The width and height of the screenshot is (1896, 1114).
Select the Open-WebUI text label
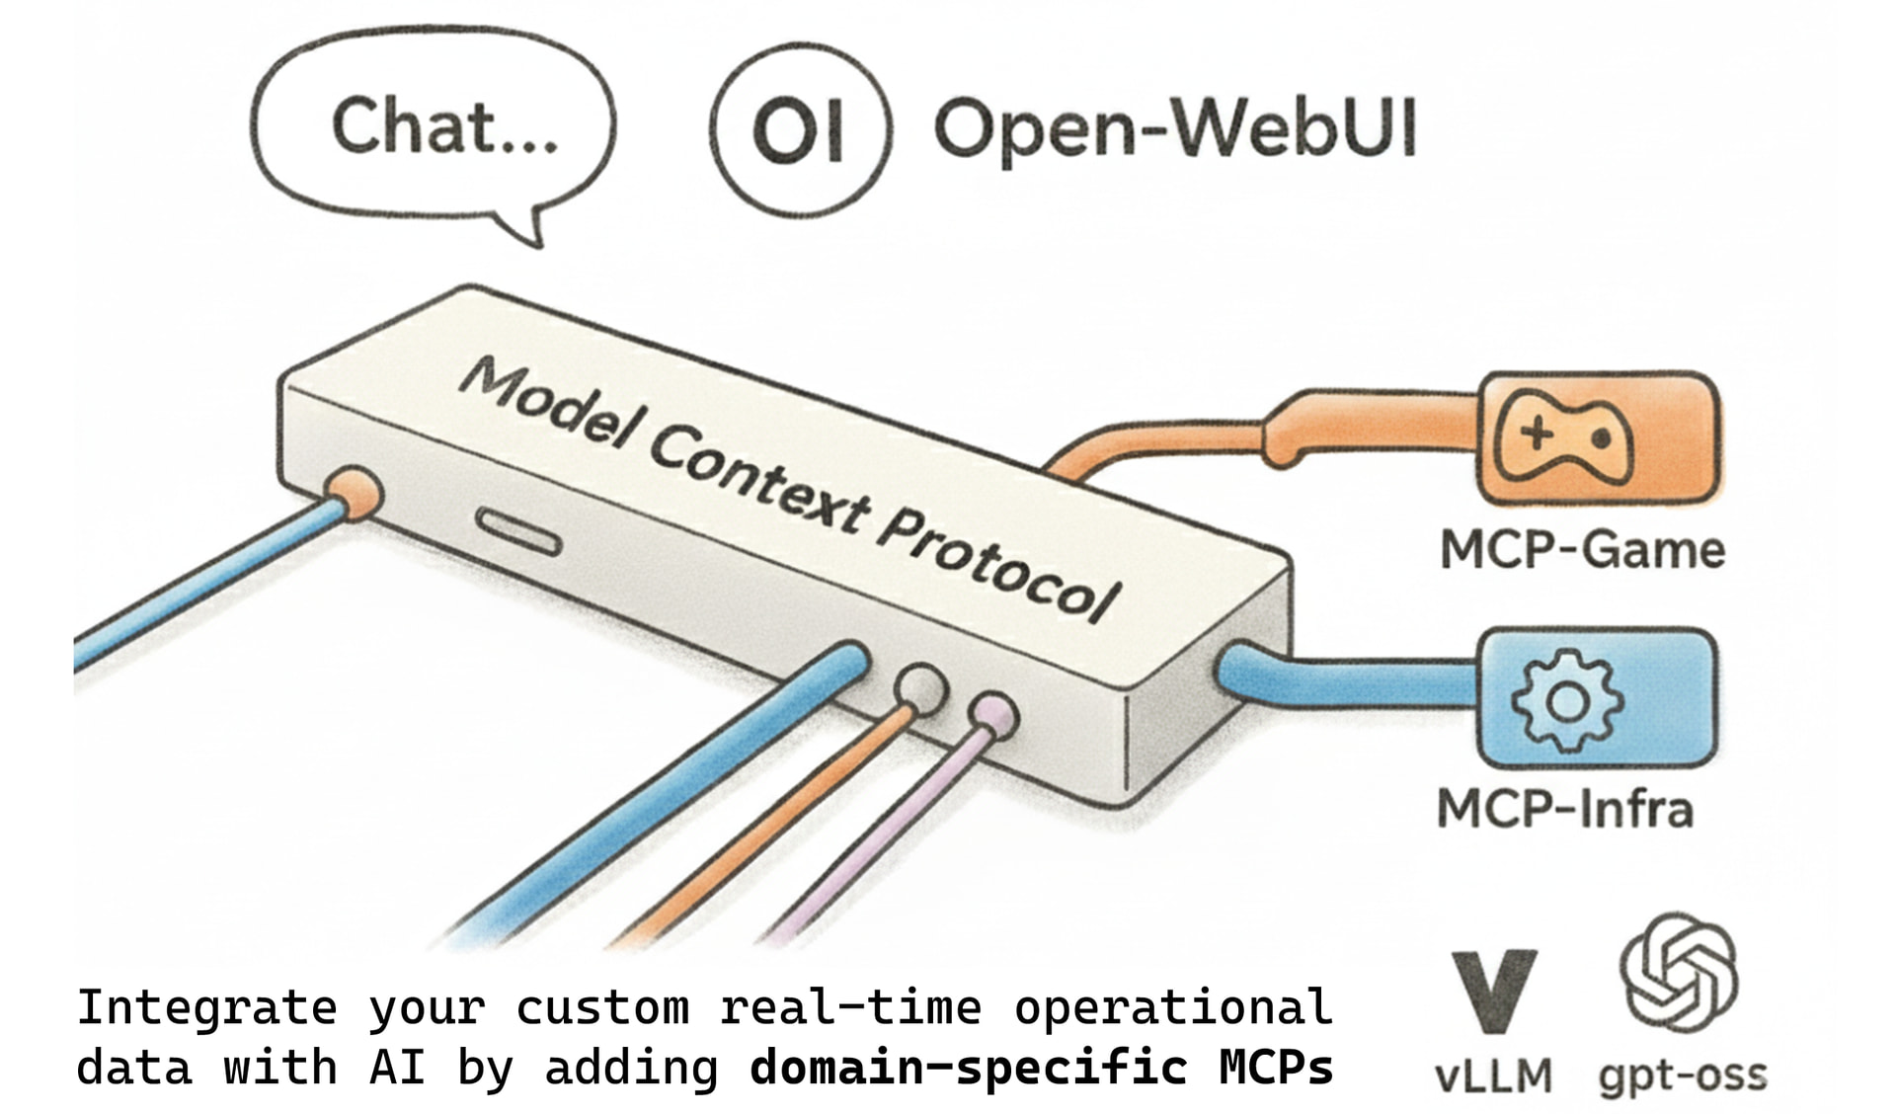click(1175, 128)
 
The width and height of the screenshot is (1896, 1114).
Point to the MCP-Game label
click(1582, 550)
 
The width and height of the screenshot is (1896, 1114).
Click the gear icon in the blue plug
click(1566, 701)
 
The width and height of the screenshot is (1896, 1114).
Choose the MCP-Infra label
click(1565, 809)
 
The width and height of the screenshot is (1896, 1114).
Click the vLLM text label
click(1493, 1075)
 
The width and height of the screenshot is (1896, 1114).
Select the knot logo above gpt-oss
click(1679, 972)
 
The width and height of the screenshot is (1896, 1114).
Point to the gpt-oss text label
click(1683, 1075)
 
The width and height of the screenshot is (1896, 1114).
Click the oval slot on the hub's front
click(518, 531)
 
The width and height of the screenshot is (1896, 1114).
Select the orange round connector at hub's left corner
click(355, 491)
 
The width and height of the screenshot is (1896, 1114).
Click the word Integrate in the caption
click(206, 1008)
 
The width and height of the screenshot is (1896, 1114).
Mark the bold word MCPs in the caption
click(1276, 1068)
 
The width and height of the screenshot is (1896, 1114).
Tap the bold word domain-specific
click(968, 1068)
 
